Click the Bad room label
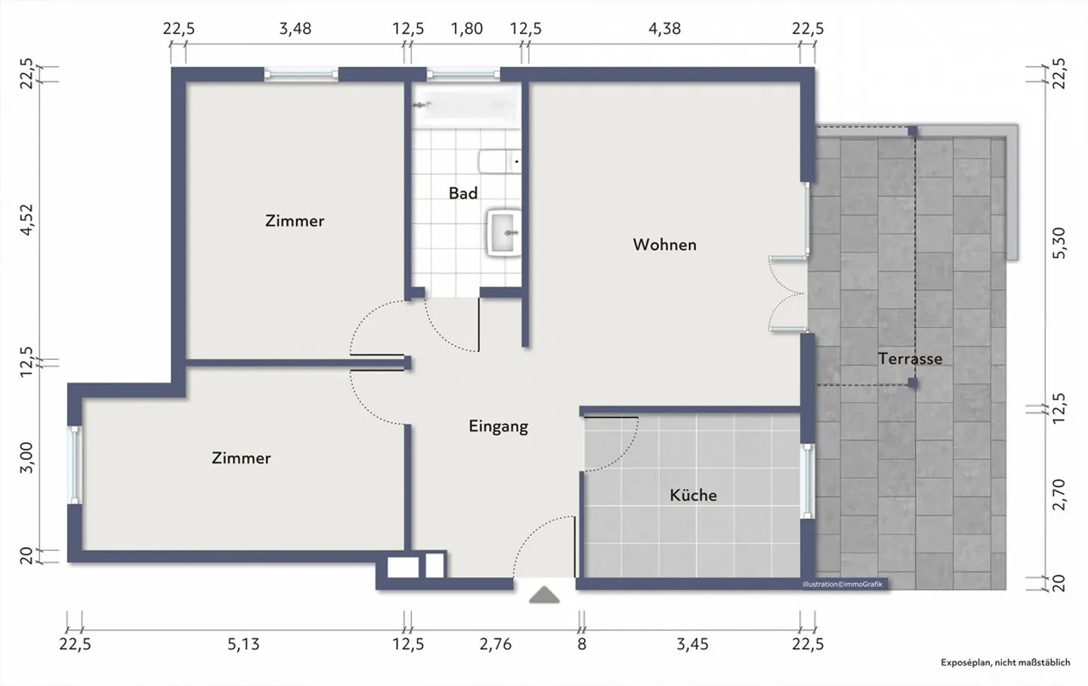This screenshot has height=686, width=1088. pyautogui.click(x=463, y=193)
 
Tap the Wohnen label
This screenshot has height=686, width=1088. pyautogui.click(x=664, y=244)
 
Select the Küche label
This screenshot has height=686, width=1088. pyautogui.click(x=693, y=495)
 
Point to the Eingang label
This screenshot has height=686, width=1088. pyautogui.click(x=499, y=427)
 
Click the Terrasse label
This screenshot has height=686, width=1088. pyautogui.click(x=910, y=359)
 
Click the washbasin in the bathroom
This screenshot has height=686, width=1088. pyautogui.click(x=504, y=233)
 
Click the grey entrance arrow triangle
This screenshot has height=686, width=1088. pyautogui.click(x=544, y=595)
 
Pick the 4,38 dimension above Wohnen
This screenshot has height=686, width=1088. pyautogui.click(x=664, y=29)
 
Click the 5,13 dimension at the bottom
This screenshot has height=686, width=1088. pyautogui.click(x=243, y=644)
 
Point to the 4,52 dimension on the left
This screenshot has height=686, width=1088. pyautogui.click(x=27, y=220)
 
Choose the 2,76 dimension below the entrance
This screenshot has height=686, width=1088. pyautogui.click(x=496, y=644)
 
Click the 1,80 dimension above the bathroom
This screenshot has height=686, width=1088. pyautogui.click(x=467, y=29)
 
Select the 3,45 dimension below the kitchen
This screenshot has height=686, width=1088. pyautogui.click(x=693, y=644)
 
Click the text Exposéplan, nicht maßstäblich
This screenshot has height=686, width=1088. pyautogui.click(x=1006, y=663)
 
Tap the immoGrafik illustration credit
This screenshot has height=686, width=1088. pyautogui.click(x=842, y=585)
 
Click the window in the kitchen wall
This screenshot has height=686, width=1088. pyautogui.click(x=807, y=481)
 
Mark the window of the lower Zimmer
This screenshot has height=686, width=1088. pyautogui.click(x=75, y=465)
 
